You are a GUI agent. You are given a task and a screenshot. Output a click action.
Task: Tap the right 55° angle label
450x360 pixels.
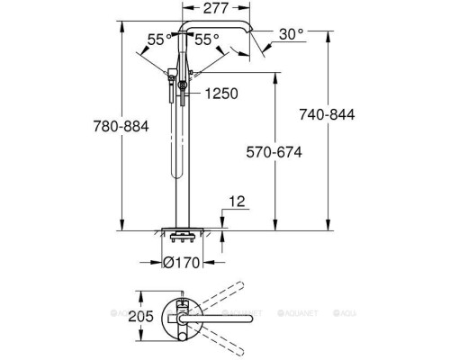point(207,40)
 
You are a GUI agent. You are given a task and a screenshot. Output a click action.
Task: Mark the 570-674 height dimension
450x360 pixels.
point(272,153)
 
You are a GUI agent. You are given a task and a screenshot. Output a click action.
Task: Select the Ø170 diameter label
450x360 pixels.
point(180,263)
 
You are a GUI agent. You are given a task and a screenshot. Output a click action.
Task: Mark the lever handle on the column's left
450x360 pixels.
point(171,74)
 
